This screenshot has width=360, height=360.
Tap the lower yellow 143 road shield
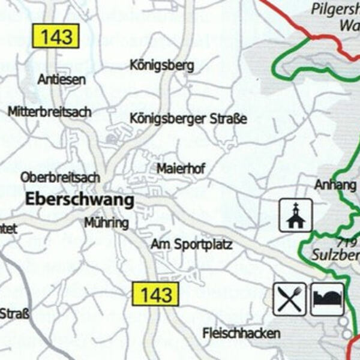pyautogui.click(x=156, y=294)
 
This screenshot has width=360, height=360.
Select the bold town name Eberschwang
pyautogui.click(x=79, y=200)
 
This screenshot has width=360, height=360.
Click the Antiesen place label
pyautogui.click(x=61, y=79)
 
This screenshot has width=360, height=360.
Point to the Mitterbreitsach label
pyautogui.click(x=50, y=112)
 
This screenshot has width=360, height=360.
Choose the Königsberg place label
pyautogui.click(x=162, y=65)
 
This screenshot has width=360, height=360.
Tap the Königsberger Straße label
pyautogui.click(x=188, y=119)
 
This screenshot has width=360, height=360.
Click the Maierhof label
pyautogui.click(x=181, y=169)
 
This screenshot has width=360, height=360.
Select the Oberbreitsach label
pyautogui.click(x=59, y=178)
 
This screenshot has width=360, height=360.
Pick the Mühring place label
pyautogui.click(x=106, y=223)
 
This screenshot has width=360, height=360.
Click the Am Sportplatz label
pyautogui.click(x=191, y=245)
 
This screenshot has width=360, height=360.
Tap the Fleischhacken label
pyautogui.click(x=241, y=333)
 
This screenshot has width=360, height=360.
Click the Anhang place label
pyautogui.click(x=335, y=185)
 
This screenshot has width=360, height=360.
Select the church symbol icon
pyautogui.click(x=296, y=215)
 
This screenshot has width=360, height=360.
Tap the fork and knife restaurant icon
pyautogui.click(x=290, y=299)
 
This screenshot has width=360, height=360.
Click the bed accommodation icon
pyautogui.click(x=327, y=299)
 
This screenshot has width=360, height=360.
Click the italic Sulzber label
pyautogui.click(x=335, y=255)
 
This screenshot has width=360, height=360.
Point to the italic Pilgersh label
pyautogui.click(x=335, y=9)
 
